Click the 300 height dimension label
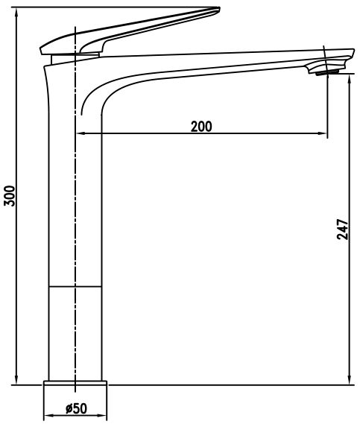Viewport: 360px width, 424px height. (10, 196)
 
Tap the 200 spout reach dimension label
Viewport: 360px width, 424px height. (201, 127)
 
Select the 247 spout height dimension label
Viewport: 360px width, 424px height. (342, 230)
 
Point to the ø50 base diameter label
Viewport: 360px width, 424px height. (76, 408)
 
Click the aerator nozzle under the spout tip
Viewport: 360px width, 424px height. (327, 72)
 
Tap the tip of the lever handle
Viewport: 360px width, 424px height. (218, 9)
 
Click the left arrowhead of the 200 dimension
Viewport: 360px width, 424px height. (80, 133)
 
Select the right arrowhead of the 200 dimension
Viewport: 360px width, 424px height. (323, 133)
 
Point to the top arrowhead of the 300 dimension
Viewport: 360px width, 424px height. (16, 12)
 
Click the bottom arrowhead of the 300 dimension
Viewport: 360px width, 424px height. (16, 379)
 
